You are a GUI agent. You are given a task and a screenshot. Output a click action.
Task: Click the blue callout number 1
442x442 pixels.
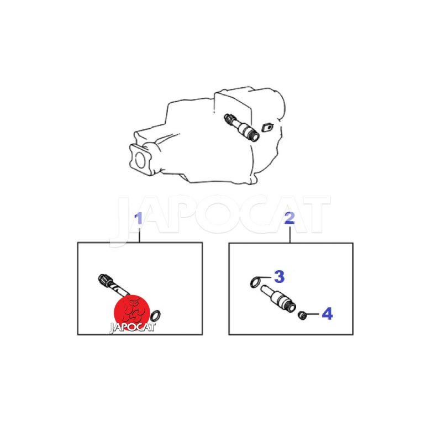point(138,219)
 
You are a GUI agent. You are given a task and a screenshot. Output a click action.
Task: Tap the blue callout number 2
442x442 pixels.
point(290,218)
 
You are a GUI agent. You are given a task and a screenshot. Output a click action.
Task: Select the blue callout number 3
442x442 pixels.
point(279,277)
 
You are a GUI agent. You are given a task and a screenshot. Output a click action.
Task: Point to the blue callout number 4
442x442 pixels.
point(327,314)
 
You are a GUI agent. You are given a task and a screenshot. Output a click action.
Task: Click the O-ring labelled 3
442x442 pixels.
point(255,282)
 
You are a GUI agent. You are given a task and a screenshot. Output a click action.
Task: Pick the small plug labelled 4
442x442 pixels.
point(302,315)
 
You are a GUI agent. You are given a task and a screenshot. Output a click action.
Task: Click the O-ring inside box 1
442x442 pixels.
point(156,315)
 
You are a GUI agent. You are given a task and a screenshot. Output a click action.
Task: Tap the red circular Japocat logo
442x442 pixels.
point(131,311)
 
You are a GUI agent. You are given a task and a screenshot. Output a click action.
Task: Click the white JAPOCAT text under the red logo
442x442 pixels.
point(132,328)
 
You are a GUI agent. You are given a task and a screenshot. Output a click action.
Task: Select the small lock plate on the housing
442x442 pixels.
point(267,128)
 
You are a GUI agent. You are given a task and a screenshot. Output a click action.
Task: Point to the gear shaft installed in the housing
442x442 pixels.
point(241,128)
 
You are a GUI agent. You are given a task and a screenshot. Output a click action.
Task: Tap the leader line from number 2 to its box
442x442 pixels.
point(290,234)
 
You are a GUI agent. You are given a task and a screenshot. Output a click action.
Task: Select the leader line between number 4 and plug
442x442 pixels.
point(313,314)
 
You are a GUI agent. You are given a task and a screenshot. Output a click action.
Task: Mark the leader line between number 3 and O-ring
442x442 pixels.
point(265,278)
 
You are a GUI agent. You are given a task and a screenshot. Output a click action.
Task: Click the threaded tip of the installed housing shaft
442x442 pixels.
point(254,136)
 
